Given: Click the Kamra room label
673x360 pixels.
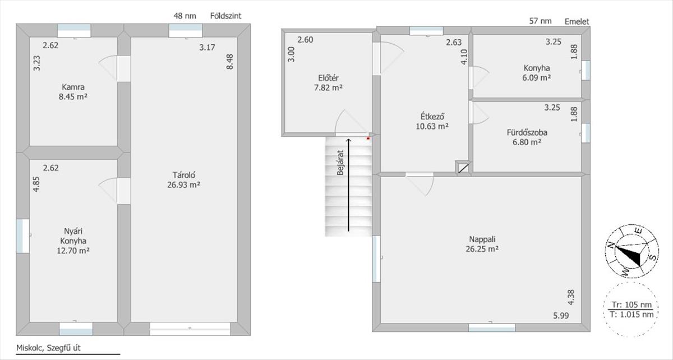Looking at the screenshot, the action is pyautogui.click(x=73, y=87).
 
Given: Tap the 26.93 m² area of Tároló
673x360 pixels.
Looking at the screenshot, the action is pyautogui.click(x=183, y=185).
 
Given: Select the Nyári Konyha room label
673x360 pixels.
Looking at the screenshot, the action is pyautogui.click(x=73, y=236).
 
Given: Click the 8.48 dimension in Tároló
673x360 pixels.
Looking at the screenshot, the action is pyautogui.click(x=229, y=62).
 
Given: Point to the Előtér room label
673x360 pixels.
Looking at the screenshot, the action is pyautogui.click(x=329, y=78).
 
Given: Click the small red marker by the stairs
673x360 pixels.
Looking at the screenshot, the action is pyautogui.click(x=368, y=139).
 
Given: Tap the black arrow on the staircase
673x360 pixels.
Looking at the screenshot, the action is pyautogui.click(x=348, y=185).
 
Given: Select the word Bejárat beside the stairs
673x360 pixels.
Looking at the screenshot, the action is pyautogui.click(x=340, y=163).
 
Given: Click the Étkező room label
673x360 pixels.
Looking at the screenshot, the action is pyautogui.click(x=432, y=116).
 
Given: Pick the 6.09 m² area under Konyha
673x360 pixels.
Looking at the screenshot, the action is pyautogui.click(x=536, y=78).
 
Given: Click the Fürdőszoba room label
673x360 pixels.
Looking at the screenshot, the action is pyautogui.click(x=527, y=132).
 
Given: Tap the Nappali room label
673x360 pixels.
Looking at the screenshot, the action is pyautogui.click(x=482, y=239).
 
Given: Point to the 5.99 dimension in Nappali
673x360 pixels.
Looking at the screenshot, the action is pyautogui.click(x=561, y=316).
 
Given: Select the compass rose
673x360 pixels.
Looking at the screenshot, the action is pyautogui.click(x=631, y=251).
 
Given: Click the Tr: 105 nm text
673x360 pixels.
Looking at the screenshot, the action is pyautogui.click(x=631, y=304).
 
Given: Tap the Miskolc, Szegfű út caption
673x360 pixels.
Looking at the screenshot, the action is pyautogui.click(x=48, y=348).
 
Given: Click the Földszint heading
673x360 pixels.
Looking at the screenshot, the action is pyautogui.click(x=225, y=16).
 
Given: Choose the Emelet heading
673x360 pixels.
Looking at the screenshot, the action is pyautogui.click(x=577, y=22).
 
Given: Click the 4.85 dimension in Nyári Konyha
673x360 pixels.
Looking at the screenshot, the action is pyautogui.click(x=36, y=184).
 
